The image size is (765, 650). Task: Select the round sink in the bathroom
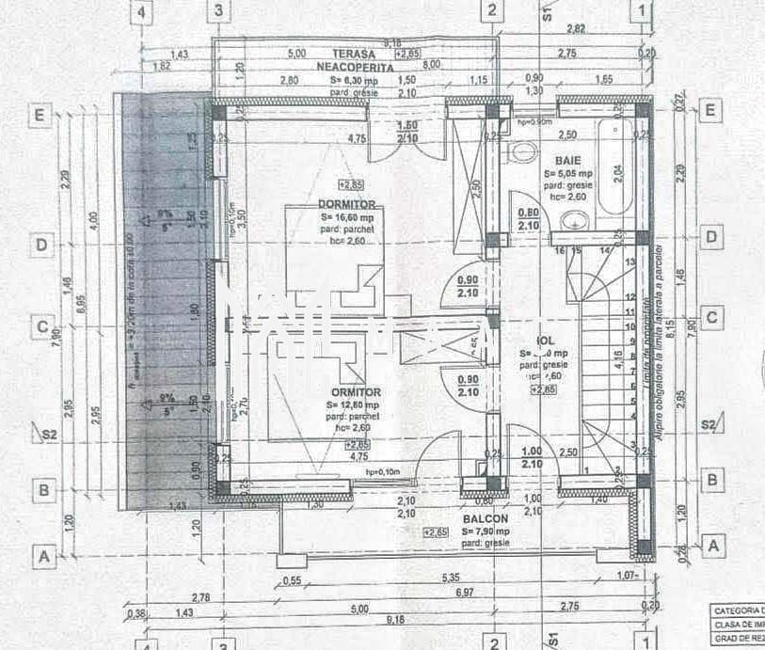575,220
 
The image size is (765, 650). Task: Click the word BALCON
486,518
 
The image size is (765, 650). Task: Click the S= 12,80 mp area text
355,405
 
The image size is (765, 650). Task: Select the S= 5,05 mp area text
567,174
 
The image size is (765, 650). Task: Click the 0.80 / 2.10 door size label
529,219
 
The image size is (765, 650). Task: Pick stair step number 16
558,251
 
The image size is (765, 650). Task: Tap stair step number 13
630,262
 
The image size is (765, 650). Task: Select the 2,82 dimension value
577,30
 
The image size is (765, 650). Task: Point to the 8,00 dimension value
431,65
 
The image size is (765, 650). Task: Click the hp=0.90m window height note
534,122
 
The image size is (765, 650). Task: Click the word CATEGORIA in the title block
739,610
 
